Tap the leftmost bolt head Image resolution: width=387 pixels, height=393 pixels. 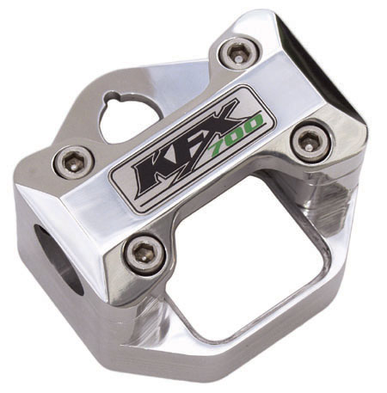(x=74, y=163)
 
